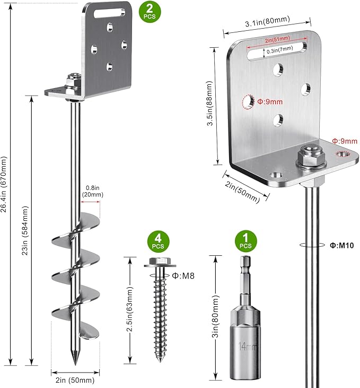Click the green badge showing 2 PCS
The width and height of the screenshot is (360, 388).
149,12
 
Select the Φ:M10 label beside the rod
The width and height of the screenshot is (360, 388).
338,245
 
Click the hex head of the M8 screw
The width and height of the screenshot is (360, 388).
159,262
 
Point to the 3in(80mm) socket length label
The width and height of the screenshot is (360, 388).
215,316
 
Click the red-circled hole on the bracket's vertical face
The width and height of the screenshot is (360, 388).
248,101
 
